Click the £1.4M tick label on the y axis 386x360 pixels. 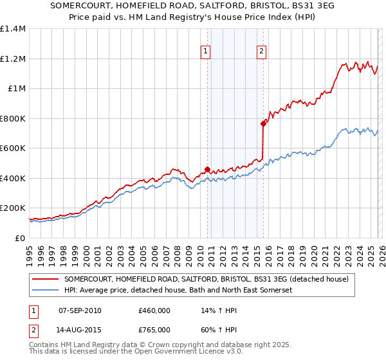coord(13,29)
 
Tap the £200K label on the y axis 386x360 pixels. coord(13,208)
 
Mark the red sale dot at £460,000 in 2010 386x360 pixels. coord(207,170)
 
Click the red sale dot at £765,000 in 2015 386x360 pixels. coord(263,124)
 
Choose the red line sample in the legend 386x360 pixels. coord(46,279)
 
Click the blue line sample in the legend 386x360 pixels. coord(46,291)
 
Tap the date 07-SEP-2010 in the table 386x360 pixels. coord(80,311)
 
